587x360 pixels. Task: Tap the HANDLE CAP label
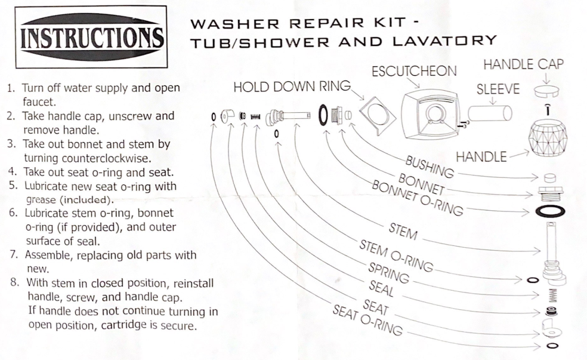523,65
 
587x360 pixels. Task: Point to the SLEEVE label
498,90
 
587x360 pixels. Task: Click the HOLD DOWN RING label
292,87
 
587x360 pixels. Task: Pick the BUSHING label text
430,167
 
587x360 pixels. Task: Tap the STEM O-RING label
397,255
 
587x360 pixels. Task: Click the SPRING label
388,273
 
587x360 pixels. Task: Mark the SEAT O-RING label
367,321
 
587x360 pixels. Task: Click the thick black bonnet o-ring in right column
547,212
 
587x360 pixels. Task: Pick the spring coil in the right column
552,294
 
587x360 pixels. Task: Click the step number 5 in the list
13,185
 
